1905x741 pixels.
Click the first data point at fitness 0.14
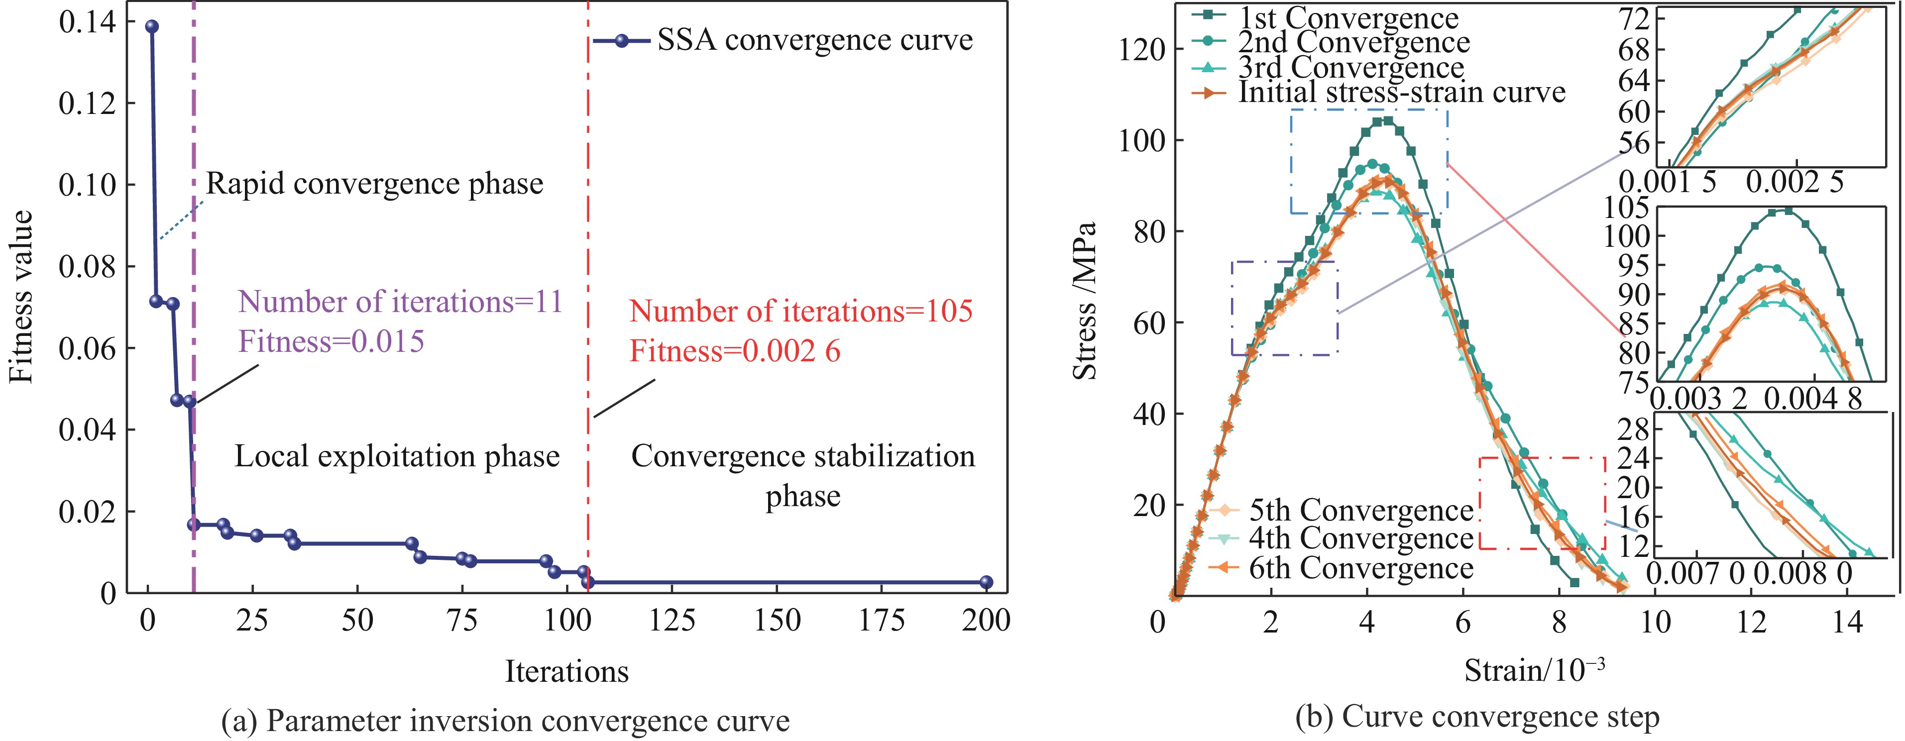click(x=152, y=26)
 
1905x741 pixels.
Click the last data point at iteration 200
click(x=986, y=582)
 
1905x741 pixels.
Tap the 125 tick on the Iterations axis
click(x=672, y=620)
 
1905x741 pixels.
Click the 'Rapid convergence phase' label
click(x=374, y=184)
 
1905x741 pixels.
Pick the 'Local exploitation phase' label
click(x=397, y=456)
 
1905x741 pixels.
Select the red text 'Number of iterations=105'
click(x=800, y=312)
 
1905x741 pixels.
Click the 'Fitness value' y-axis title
click(x=22, y=296)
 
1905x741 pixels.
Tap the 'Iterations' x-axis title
click(x=566, y=671)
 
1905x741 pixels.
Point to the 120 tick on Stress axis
click(x=1141, y=50)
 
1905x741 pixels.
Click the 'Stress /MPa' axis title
click(x=1084, y=300)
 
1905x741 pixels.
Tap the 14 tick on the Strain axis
click(x=1847, y=621)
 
